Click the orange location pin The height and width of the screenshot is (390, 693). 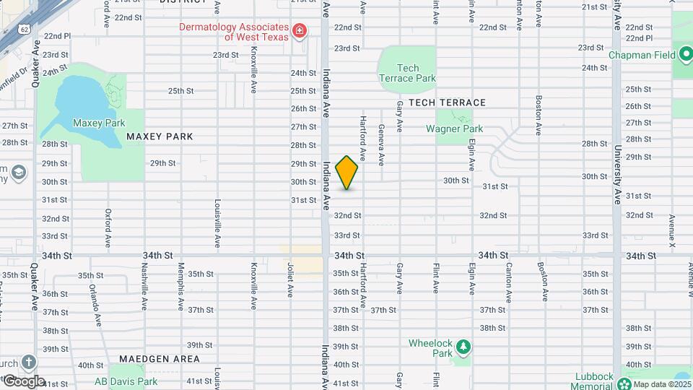347,173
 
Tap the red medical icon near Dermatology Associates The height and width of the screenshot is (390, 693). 300,31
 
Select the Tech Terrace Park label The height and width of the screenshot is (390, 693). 407,72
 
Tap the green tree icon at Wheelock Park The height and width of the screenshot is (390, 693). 463,347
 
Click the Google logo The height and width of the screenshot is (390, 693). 23,381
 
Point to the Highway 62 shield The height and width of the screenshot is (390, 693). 25,30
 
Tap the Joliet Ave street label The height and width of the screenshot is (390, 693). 290,280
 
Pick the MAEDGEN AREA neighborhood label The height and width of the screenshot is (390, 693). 160,359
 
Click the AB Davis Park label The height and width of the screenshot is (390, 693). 126,381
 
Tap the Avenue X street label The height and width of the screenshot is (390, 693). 671,231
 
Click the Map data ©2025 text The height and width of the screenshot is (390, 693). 661,383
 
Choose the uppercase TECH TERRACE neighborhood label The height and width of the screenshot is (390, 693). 447,103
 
